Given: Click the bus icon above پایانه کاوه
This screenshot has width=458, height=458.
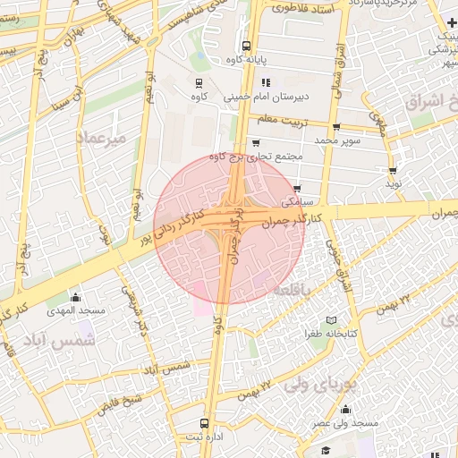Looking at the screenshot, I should click(x=245, y=45).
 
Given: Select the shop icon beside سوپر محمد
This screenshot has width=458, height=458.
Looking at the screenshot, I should click(x=336, y=128).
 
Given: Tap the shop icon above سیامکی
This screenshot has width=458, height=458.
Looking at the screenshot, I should click(x=297, y=189).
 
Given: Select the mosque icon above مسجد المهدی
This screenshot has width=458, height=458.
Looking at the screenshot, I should click(x=76, y=297).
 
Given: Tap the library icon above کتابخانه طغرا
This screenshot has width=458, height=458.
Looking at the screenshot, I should click(x=331, y=320).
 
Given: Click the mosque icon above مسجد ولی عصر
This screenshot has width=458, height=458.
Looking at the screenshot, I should click(x=345, y=410).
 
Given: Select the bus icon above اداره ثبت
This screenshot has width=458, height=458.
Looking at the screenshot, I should click(x=206, y=423).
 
